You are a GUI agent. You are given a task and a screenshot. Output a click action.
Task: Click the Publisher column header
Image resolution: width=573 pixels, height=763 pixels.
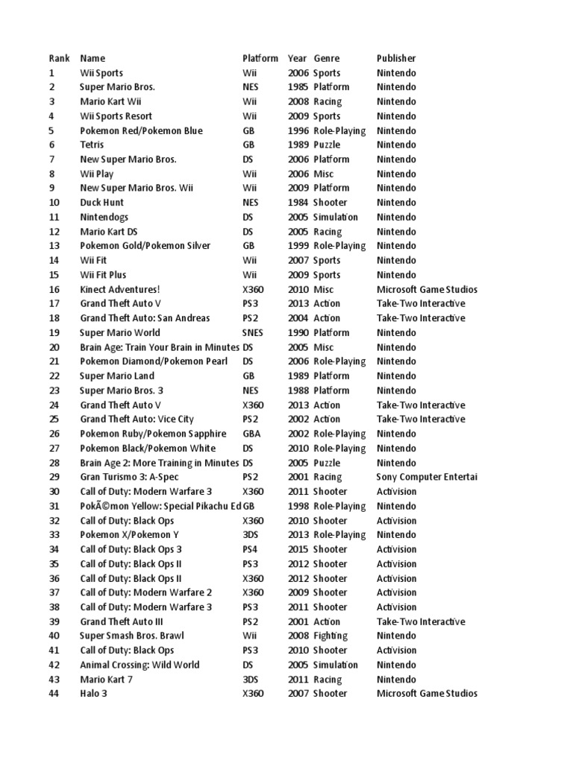click(396, 58)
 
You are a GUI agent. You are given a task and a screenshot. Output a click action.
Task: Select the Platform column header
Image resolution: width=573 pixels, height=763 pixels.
click(260, 58)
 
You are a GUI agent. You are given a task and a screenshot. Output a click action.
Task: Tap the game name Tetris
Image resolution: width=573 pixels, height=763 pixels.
click(92, 145)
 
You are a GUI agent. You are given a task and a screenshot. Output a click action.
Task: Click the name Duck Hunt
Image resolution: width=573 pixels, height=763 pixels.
click(101, 203)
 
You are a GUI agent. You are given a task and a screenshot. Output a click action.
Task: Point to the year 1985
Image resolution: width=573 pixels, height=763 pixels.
click(297, 87)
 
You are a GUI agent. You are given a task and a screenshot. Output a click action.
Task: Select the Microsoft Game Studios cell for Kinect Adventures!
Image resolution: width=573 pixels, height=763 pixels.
click(427, 289)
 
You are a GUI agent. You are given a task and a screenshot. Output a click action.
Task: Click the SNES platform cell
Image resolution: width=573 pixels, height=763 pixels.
click(254, 332)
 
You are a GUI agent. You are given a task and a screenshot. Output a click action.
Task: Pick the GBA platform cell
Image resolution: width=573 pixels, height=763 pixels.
click(251, 434)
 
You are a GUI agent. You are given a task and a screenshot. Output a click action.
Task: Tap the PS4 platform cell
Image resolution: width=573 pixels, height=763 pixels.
click(250, 549)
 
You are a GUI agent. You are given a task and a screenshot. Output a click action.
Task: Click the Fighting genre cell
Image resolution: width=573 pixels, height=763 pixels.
click(331, 636)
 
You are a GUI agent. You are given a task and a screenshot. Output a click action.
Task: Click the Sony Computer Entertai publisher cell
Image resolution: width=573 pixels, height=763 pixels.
click(427, 477)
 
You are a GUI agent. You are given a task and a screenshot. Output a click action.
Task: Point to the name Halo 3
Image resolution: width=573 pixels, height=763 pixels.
click(98, 694)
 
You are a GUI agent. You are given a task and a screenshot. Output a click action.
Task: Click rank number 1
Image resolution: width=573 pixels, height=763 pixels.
click(51, 73)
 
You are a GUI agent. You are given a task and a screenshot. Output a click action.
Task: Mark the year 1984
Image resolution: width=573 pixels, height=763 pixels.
click(297, 203)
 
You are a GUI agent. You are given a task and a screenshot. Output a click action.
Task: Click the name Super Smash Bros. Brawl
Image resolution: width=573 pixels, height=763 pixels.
click(131, 636)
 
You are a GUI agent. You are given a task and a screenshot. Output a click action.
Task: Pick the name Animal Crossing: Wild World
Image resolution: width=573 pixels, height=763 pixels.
click(140, 665)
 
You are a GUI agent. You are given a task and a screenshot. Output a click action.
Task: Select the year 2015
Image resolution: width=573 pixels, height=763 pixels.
click(297, 549)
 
